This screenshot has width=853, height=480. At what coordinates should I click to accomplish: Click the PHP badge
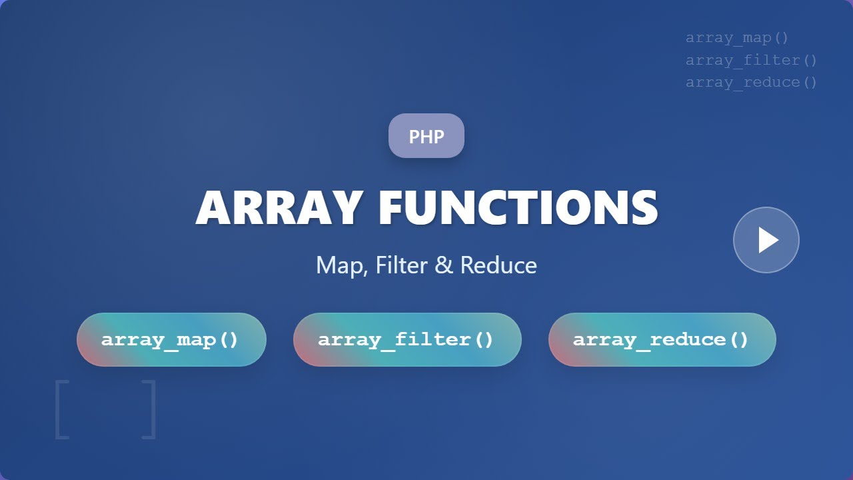[x=426, y=136]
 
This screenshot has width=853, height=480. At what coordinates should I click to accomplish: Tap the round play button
[x=766, y=240]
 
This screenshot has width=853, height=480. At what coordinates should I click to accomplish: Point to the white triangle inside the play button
[x=768, y=240]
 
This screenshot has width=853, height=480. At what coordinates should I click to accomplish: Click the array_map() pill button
[x=171, y=339]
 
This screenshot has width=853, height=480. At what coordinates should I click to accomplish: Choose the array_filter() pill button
[x=407, y=339]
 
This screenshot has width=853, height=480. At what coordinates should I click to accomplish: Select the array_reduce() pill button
[x=662, y=339]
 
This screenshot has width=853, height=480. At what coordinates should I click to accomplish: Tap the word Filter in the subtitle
[x=400, y=265]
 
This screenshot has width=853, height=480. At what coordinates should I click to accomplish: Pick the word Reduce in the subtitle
[x=498, y=265]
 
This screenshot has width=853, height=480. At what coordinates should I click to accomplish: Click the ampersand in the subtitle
[x=443, y=265]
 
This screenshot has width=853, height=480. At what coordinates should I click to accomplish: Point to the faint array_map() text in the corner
[x=737, y=38]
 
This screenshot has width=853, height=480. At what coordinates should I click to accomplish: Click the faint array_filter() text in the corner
[x=751, y=60]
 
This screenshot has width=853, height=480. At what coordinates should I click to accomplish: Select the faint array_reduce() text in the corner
[x=751, y=82]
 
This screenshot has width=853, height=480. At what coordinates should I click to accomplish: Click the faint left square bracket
[x=61, y=409]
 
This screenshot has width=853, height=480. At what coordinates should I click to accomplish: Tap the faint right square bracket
[x=149, y=409]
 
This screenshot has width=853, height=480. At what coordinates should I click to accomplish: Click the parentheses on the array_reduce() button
[x=740, y=339]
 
